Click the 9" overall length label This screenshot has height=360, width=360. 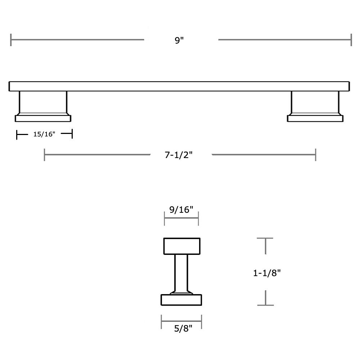pos(179,40)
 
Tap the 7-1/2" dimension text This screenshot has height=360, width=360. pos(179,155)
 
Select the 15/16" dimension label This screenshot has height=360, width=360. pos(44,135)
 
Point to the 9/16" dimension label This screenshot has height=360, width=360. pos(181,210)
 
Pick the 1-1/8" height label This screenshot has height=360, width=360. pos(267,273)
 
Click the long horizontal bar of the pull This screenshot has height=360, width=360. pos(179,86)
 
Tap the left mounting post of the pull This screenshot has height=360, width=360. pos(43,103)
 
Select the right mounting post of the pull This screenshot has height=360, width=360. pos(315,103)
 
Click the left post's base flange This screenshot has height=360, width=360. pos(43,118)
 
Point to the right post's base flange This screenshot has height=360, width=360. pos(315,118)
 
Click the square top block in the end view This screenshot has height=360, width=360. pos(182,246)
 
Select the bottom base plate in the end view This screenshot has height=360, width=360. pos(181,300)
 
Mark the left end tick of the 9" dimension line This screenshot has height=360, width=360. pos(11,40)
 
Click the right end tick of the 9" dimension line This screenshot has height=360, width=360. pos(351,40)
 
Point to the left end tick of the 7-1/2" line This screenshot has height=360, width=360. pos(45,155)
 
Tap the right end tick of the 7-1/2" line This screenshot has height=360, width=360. pos(316,155)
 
